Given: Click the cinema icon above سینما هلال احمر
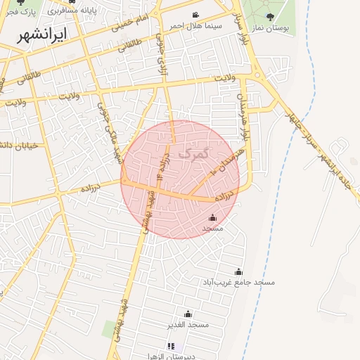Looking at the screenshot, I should [x=195, y=15].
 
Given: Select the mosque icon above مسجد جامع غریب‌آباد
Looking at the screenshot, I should [x=238, y=272].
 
